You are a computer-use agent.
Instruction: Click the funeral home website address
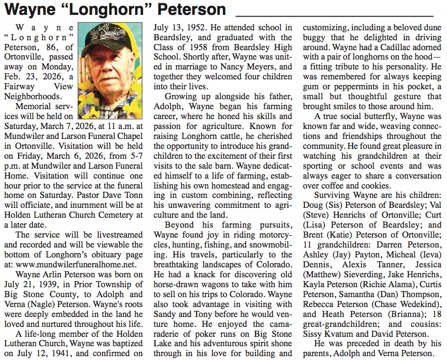pos(77,264)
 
